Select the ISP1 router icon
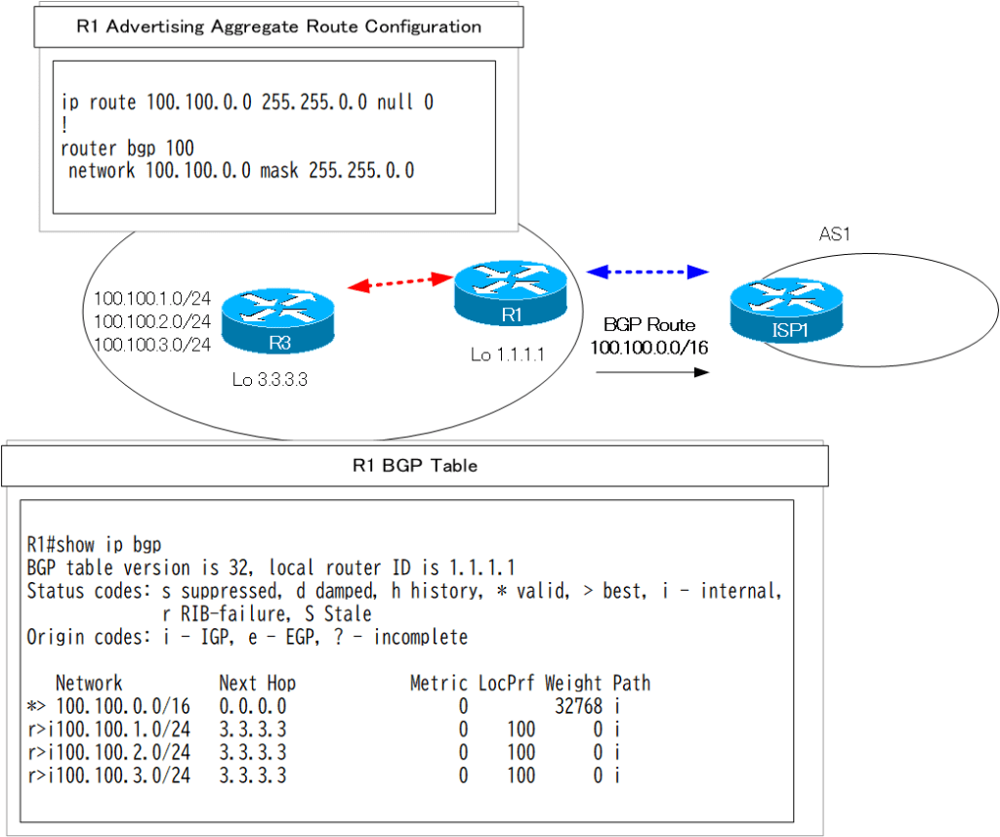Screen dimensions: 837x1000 pyautogui.click(x=786, y=310)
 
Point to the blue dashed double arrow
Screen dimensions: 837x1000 pyautogui.click(x=646, y=271)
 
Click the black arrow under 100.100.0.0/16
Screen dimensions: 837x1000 pyautogui.click(x=650, y=372)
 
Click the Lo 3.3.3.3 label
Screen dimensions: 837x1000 pyautogui.click(x=270, y=379)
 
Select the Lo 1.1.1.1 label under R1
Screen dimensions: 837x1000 pyautogui.click(x=508, y=355)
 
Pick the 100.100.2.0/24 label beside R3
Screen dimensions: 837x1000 pyautogui.click(x=152, y=321)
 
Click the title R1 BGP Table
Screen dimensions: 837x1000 pyautogui.click(x=415, y=466)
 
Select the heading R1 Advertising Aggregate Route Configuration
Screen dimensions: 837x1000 pyautogui.click(x=278, y=26)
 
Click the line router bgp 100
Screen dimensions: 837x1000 pyautogui.click(x=127, y=148)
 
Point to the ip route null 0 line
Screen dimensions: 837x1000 pyautogui.click(x=247, y=102)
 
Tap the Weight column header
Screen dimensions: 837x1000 pyautogui.click(x=574, y=683)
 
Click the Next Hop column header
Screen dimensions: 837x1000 pyautogui.click(x=257, y=683)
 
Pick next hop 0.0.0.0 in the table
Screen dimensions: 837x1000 pyautogui.click(x=253, y=706)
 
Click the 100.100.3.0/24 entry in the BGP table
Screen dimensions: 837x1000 pyautogui.click(x=122, y=775)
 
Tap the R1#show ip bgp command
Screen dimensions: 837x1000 pyautogui.click(x=94, y=544)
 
